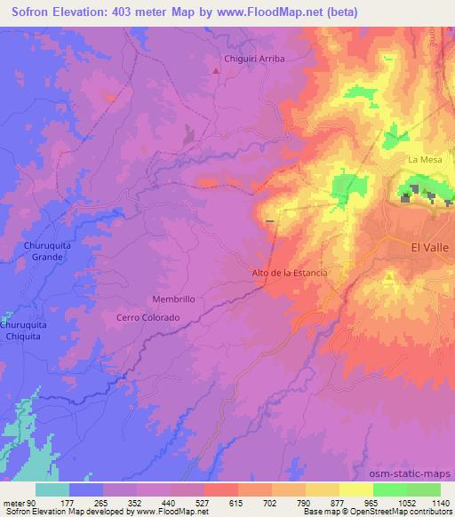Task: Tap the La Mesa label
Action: click(x=424, y=159)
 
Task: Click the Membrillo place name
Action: click(x=173, y=299)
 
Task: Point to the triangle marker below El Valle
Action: click(x=390, y=279)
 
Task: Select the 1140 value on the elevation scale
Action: click(x=439, y=502)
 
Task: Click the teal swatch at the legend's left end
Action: click(x=52, y=489)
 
